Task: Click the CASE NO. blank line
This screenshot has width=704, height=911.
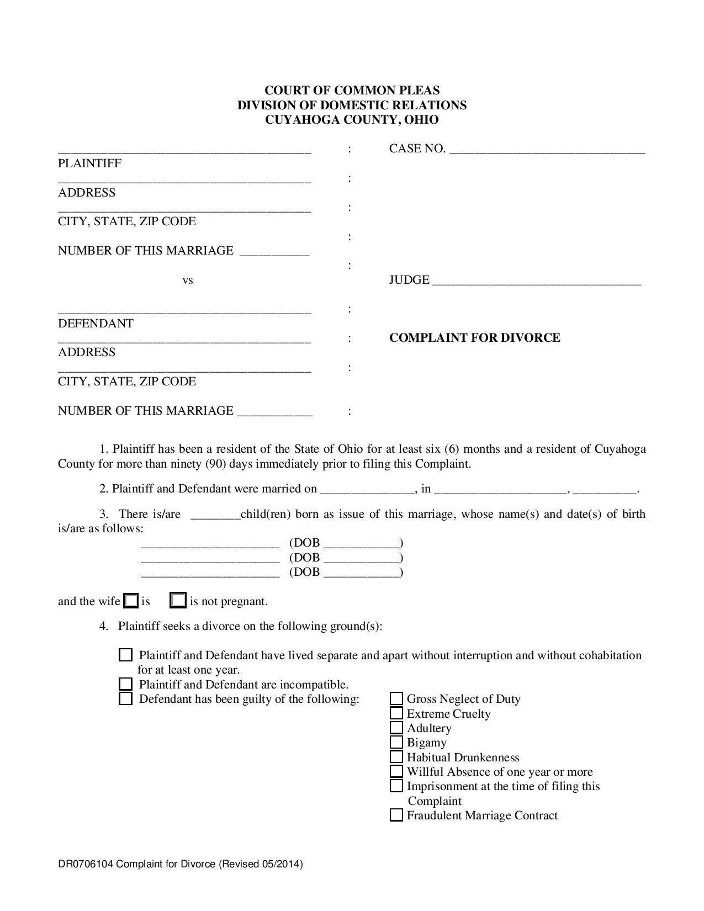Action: [547, 150]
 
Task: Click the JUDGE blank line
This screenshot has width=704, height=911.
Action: [536, 283]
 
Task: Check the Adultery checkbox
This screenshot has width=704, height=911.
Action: [396, 728]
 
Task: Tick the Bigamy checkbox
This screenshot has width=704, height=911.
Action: [396, 743]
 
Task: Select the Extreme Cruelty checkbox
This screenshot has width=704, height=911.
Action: [396, 713]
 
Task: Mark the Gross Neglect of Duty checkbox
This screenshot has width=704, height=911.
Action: [396, 699]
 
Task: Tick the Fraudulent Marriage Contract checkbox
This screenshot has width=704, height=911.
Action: [396, 815]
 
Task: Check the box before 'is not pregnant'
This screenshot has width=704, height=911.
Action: [178, 601]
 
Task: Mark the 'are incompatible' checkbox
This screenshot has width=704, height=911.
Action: [126, 685]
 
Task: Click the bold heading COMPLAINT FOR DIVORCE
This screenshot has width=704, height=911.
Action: [474, 338]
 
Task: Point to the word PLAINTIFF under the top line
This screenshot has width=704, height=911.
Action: [89, 163]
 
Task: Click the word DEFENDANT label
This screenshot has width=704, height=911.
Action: [96, 324]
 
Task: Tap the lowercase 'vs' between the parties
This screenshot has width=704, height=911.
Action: [188, 280]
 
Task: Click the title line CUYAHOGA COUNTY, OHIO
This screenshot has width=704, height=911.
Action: [352, 120]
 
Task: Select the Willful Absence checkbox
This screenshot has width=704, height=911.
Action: [396, 772]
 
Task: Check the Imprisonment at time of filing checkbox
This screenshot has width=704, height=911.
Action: [396, 786]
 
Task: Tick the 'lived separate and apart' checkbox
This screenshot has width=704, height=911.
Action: [126, 655]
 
